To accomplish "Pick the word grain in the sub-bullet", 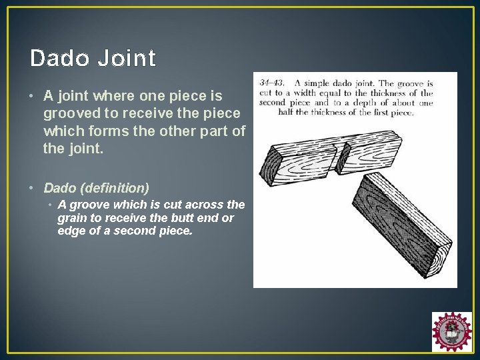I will [72, 217].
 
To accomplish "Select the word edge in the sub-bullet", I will [70, 230].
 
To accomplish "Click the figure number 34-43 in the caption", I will [272, 84].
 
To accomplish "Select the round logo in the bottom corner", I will [451, 331].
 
